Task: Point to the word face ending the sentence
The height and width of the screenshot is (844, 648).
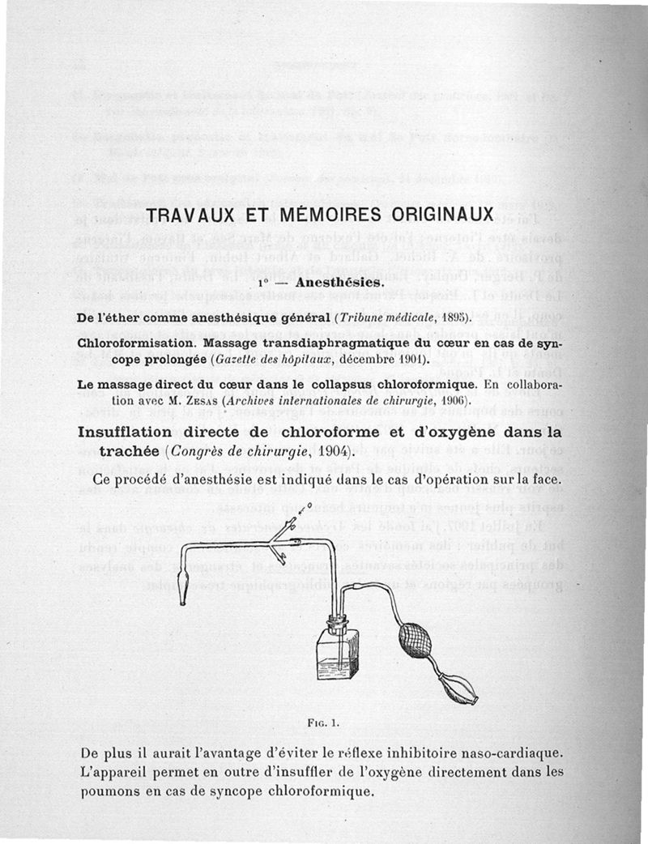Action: (546, 481)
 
